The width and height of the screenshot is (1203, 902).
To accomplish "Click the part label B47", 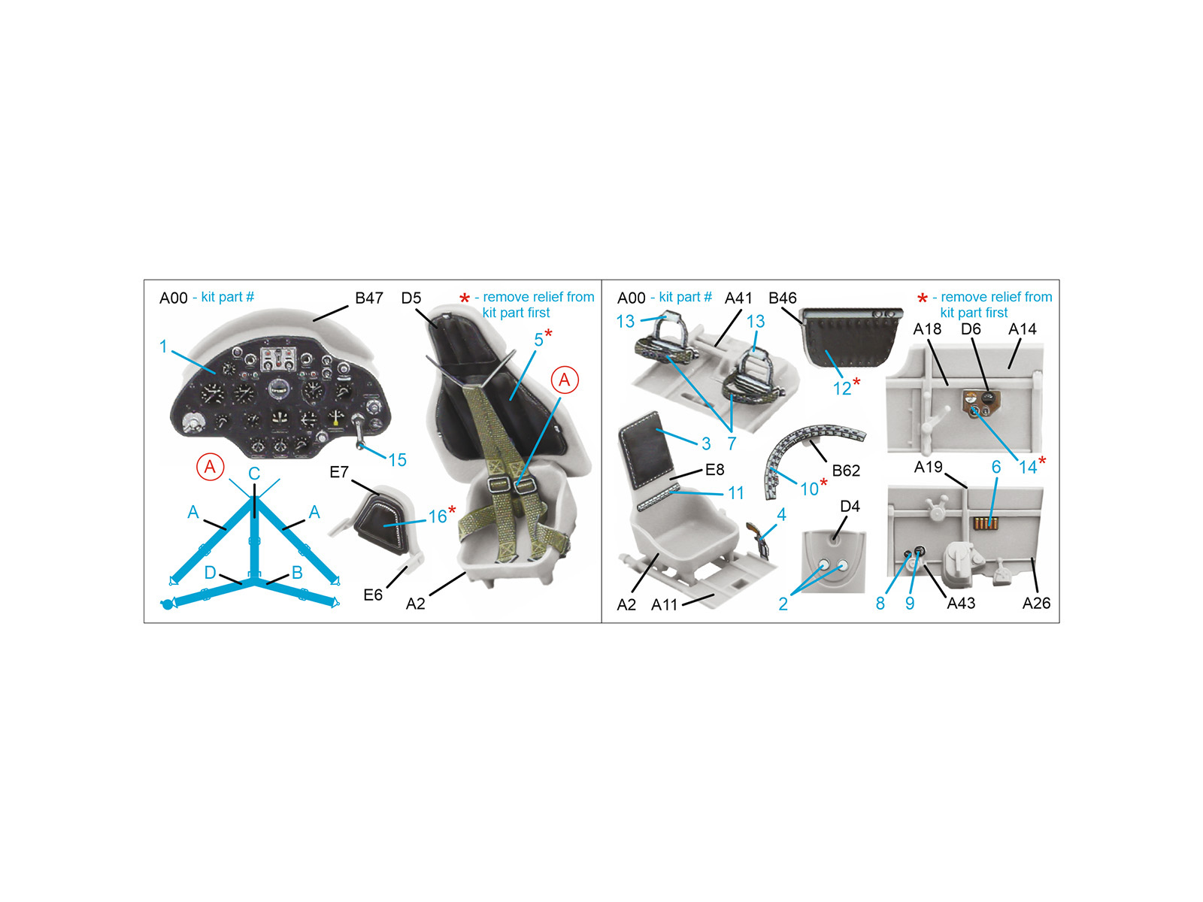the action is pyautogui.click(x=369, y=298).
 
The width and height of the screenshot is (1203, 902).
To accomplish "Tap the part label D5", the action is pyautogui.click(x=411, y=298).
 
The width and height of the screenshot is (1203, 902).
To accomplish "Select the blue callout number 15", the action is pyautogui.click(x=397, y=460).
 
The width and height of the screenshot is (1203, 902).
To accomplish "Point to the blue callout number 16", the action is pyautogui.click(x=438, y=516).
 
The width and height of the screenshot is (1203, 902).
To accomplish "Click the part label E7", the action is pyautogui.click(x=339, y=472).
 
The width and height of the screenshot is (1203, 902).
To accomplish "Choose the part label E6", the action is pyautogui.click(x=373, y=595).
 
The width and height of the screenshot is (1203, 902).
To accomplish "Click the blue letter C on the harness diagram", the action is pyautogui.click(x=253, y=474).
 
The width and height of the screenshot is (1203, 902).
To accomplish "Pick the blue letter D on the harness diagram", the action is pyautogui.click(x=210, y=573).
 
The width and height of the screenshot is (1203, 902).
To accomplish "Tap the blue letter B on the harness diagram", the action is pyautogui.click(x=297, y=573).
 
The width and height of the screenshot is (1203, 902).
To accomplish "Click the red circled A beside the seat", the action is pyautogui.click(x=565, y=380).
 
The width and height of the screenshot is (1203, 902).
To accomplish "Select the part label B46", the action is pyautogui.click(x=782, y=298).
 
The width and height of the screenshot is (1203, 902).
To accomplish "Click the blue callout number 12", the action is pyautogui.click(x=842, y=389).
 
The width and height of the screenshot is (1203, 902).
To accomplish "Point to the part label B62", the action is pyautogui.click(x=846, y=471).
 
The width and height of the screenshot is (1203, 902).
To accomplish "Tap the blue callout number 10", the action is pyautogui.click(x=809, y=489).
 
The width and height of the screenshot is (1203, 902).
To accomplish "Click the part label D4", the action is pyautogui.click(x=850, y=506).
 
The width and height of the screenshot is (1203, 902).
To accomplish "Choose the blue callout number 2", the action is pyautogui.click(x=783, y=604).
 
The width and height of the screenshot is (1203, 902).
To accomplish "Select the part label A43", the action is pyautogui.click(x=962, y=603).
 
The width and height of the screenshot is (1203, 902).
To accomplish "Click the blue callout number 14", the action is pyautogui.click(x=1028, y=467).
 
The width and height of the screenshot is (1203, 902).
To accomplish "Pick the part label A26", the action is pyautogui.click(x=1036, y=603).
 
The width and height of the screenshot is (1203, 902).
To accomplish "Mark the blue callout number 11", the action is pyautogui.click(x=735, y=493).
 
